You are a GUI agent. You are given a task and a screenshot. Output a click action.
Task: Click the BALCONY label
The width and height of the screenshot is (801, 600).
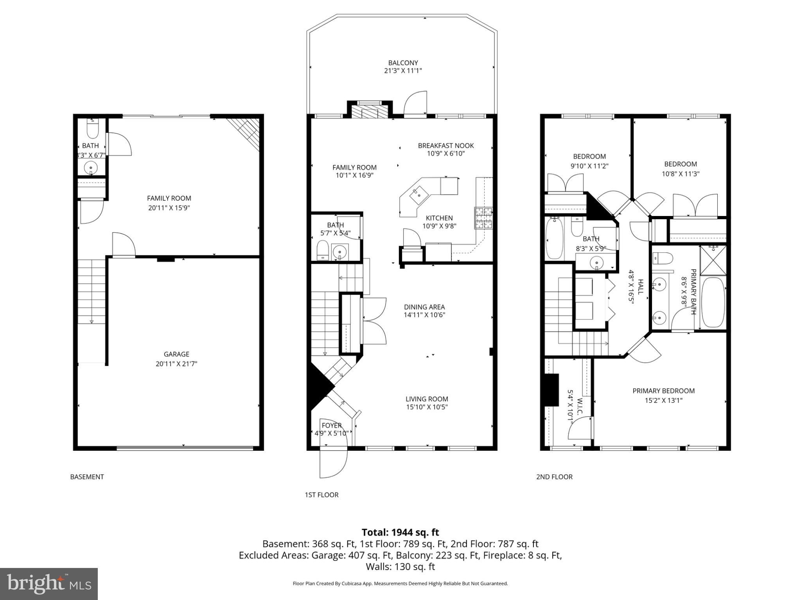click(403, 63)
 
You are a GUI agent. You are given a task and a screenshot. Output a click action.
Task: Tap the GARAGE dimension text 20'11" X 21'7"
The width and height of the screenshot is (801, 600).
click(176, 364)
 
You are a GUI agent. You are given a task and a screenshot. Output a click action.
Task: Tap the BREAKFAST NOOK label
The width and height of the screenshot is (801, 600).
click(445, 146)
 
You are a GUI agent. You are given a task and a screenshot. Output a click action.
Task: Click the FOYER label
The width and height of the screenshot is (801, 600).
click(331, 425)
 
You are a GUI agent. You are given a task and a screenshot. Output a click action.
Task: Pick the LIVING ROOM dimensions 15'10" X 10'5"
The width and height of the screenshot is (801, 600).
click(426, 407)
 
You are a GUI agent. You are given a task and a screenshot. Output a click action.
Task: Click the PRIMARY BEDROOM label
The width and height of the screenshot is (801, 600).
click(663, 391)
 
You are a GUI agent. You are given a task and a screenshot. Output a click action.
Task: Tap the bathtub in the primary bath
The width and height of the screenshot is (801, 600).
click(713, 302)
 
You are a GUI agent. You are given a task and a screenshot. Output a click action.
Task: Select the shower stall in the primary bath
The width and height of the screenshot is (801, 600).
click(713, 260)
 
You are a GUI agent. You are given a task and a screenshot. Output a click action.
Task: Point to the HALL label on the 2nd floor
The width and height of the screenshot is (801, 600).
click(640, 286)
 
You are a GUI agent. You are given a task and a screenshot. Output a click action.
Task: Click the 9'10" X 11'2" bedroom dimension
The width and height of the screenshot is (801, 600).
click(589, 166)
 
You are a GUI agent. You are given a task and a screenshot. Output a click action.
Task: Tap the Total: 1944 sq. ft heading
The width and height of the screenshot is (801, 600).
click(400, 532)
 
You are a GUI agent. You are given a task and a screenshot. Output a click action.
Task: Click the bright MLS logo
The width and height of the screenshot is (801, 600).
click(49, 584)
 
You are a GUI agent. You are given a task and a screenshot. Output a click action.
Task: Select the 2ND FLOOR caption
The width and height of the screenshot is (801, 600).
click(554, 477)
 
